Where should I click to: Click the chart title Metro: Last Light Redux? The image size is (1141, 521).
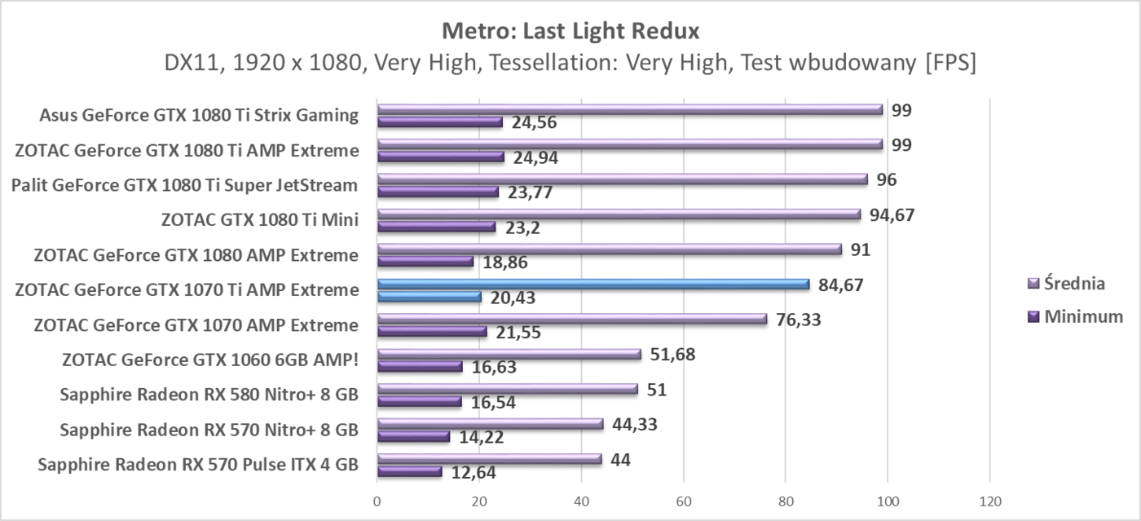pyautogui.click(x=570, y=31)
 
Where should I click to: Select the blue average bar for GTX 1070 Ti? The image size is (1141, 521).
pyautogui.click(x=593, y=284)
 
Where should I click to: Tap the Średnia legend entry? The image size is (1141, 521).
pyautogui.click(x=1075, y=284)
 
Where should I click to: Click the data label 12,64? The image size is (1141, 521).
pyautogui.click(x=469, y=472)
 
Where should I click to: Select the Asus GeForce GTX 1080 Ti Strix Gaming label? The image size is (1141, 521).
pyautogui.click(x=199, y=115)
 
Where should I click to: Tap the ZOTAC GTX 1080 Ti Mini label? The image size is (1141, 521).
pyautogui.click(x=260, y=220)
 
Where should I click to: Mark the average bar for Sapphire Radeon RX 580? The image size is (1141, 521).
pyautogui.click(x=507, y=389)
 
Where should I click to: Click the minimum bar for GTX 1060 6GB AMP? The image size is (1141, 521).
pyautogui.click(x=420, y=366)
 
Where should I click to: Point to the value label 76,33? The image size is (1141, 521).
pyautogui.click(x=798, y=320)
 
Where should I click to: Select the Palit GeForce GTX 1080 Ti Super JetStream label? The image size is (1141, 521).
pyautogui.click(x=184, y=185)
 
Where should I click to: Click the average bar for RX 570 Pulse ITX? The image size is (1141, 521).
pyautogui.click(x=489, y=459)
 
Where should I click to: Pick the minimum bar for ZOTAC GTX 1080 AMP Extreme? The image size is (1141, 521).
pyautogui.click(x=425, y=261)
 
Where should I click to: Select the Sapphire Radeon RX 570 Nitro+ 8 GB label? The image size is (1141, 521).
pyautogui.click(x=209, y=430)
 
